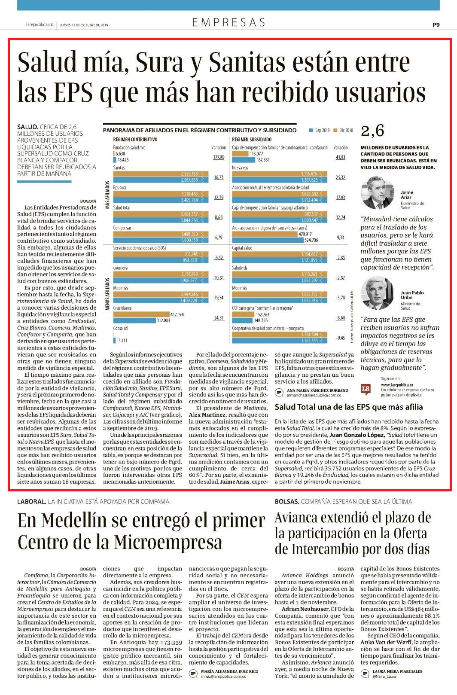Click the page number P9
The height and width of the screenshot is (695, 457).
click(436, 25)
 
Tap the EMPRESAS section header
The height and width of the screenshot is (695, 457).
click(228, 22)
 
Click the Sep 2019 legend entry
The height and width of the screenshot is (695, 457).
click(319, 130)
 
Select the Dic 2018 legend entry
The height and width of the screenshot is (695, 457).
click(343, 130)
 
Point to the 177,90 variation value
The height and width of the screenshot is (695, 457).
click(219, 157)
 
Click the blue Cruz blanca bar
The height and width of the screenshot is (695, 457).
click(134, 320)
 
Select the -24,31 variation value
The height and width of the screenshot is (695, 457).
click(219, 318)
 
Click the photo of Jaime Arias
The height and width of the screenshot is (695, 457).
click(377, 193)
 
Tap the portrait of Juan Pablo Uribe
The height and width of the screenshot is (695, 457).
click(377, 293)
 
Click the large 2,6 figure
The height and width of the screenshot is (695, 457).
click(372, 131)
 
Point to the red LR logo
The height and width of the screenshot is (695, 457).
click(366, 389)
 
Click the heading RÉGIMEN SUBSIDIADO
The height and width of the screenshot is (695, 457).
click(252, 140)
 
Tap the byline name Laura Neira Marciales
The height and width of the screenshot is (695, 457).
click(397, 671)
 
